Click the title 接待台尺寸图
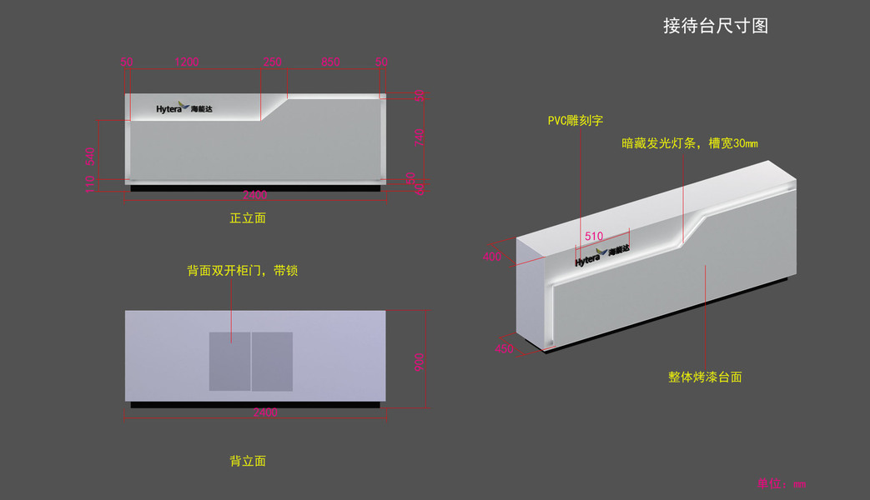715,26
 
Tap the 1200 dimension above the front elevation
186,62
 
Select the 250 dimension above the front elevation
273,62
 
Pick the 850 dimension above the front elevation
330,62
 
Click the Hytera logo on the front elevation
184,109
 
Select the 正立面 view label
248,218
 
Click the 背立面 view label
248,461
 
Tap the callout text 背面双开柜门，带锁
242,271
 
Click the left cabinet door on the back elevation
229,362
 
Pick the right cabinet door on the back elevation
273,362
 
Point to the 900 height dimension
420,362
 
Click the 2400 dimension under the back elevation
265,412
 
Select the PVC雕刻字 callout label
575,121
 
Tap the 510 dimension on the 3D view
593,237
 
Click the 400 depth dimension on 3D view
493,257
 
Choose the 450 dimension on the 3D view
504,350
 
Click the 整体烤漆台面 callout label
705,377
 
